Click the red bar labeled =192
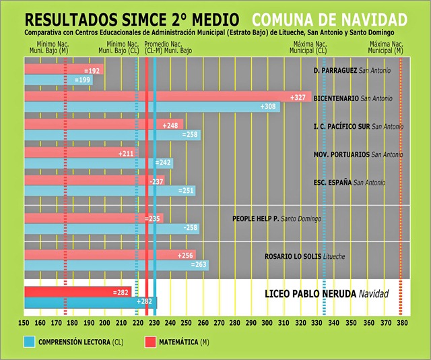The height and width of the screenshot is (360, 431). (x=64, y=70)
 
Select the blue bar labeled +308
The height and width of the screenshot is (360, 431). (x=152, y=107)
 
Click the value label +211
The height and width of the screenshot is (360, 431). (x=126, y=154)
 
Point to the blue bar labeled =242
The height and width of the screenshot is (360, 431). (x=98, y=163)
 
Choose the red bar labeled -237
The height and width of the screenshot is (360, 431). (x=94, y=181)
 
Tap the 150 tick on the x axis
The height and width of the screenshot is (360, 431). (x=24, y=323)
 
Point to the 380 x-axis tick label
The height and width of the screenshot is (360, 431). (x=401, y=323)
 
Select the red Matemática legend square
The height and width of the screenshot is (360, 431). (x=151, y=342)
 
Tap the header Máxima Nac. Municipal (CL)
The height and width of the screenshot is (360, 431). (x=308, y=47)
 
